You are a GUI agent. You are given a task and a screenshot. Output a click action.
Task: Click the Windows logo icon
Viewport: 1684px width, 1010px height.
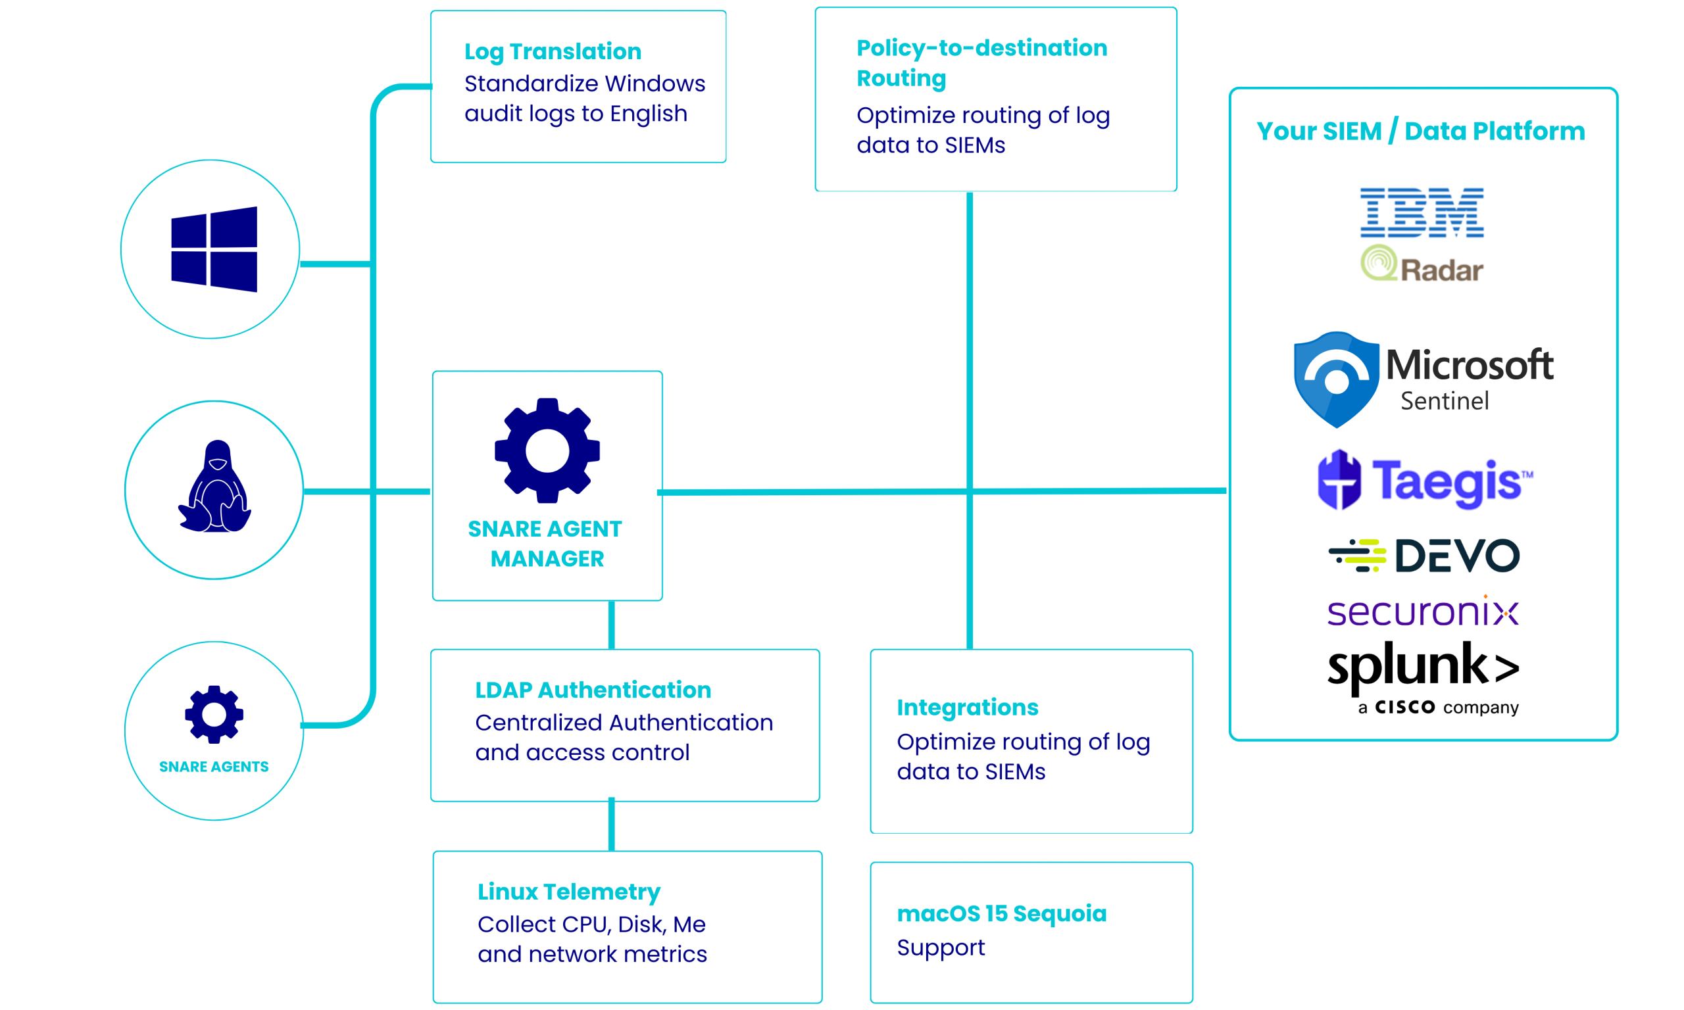coord(214,249)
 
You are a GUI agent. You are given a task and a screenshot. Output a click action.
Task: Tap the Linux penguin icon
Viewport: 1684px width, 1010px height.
coord(215,487)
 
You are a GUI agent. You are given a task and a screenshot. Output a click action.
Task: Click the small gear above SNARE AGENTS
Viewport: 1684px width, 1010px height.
coord(214,714)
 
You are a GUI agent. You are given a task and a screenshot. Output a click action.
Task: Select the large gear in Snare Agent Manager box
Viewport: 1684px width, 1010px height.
coord(547,450)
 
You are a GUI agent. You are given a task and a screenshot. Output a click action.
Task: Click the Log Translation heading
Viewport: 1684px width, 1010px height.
coord(552,51)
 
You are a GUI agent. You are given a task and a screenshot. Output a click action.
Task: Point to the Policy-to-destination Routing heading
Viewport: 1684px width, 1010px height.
coord(981,62)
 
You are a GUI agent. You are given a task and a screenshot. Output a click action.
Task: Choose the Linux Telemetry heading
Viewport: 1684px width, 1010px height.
coord(568,892)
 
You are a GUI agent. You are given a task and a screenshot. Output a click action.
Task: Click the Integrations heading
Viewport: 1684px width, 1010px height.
coord(967,707)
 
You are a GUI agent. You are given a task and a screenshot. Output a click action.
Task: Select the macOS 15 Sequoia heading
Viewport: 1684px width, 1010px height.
coord(1001,913)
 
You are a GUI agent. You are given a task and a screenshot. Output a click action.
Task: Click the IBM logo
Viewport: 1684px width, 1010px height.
coord(1422,212)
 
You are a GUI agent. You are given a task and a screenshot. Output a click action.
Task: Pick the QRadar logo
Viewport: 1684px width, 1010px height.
coord(1422,266)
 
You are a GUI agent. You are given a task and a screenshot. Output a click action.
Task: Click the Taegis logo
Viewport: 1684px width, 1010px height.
coord(1425,481)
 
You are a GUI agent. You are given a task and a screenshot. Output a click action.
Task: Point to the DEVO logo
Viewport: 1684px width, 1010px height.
coord(1424,555)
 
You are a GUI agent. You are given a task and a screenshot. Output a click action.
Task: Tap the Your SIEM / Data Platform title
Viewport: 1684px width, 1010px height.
coord(1420,131)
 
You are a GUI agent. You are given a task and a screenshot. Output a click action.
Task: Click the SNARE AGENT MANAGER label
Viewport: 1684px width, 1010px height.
coord(546,543)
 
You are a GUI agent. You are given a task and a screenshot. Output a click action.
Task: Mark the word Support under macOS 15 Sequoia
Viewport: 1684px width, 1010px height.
coord(940,948)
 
